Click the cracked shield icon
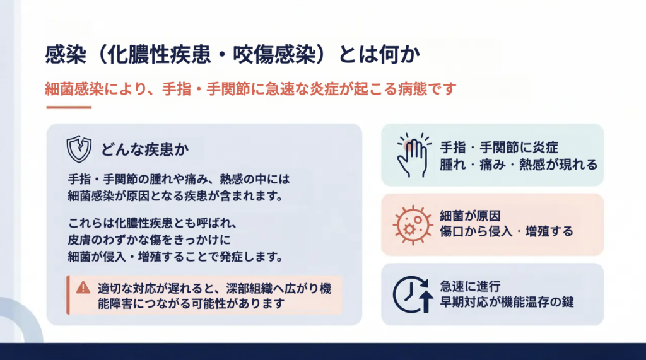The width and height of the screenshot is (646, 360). [x=79, y=149]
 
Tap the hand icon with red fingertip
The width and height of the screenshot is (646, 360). [x=413, y=155]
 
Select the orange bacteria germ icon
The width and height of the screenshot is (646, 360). [x=413, y=225]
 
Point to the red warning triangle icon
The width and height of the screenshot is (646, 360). [x=83, y=287]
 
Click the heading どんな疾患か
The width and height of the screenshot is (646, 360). [x=145, y=149]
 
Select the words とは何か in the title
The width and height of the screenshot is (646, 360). [x=379, y=55]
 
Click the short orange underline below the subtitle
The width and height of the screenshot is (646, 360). [x=69, y=108]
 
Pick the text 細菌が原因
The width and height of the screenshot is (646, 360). [x=470, y=216]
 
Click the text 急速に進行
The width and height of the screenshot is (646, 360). [x=470, y=286]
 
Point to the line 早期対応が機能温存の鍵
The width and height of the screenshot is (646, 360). [x=507, y=302]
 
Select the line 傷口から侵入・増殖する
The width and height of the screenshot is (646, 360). [x=507, y=231]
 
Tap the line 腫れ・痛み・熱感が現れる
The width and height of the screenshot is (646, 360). [x=519, y=165]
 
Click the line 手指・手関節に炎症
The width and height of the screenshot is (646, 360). [x=499, y=148]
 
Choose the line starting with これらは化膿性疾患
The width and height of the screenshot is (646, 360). [x=153, y=223]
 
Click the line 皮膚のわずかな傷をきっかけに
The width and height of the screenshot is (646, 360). [x=149, y=240]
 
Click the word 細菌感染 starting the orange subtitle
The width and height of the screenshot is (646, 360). [x=74, y=89]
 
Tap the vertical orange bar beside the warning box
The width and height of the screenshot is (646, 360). [x=68, y=295]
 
